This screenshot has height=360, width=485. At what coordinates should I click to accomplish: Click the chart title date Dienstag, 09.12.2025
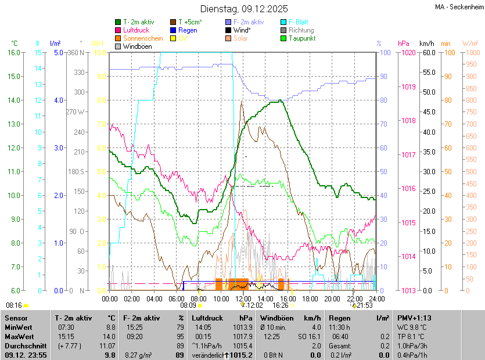point(244,9)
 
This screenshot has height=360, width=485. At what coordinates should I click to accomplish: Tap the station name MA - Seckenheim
point(458,6)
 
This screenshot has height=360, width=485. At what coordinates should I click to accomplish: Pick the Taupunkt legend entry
point(301,38)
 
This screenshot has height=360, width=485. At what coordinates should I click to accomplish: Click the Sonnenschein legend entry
point(143,38)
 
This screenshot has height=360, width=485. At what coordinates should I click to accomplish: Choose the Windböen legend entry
point(137,46)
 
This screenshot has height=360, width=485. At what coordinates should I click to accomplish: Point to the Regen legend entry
point(188,30)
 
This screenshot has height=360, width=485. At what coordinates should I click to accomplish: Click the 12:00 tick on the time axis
point(243,298)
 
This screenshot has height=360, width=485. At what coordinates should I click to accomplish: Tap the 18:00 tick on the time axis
point(310,298)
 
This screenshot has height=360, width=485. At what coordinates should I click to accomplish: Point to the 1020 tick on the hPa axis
point(408,53)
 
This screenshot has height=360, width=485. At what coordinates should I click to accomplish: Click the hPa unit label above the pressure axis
point(404,44)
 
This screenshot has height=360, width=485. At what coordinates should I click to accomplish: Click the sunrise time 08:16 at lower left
point(14,305)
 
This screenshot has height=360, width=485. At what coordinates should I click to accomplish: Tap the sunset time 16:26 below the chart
point(281,305)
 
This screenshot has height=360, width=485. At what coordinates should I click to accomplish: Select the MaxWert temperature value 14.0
point(110,337)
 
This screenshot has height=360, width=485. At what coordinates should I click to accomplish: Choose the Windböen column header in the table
point(276,318)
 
